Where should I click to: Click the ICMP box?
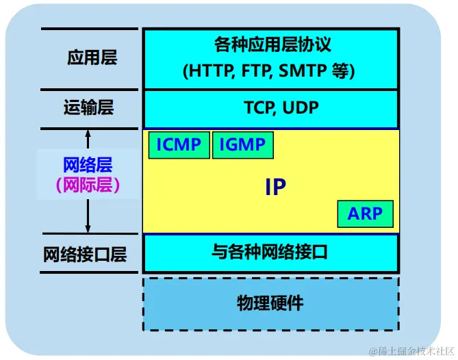click(179, 145)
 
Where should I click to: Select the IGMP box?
click(242, 145)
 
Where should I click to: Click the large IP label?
click(275, 188)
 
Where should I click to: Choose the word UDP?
click(297, 109)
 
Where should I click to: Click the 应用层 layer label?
click(91, 57)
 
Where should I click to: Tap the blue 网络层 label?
click(87, 165)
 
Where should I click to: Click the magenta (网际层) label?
click(87, 185)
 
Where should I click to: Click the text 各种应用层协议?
click(272, 46)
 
